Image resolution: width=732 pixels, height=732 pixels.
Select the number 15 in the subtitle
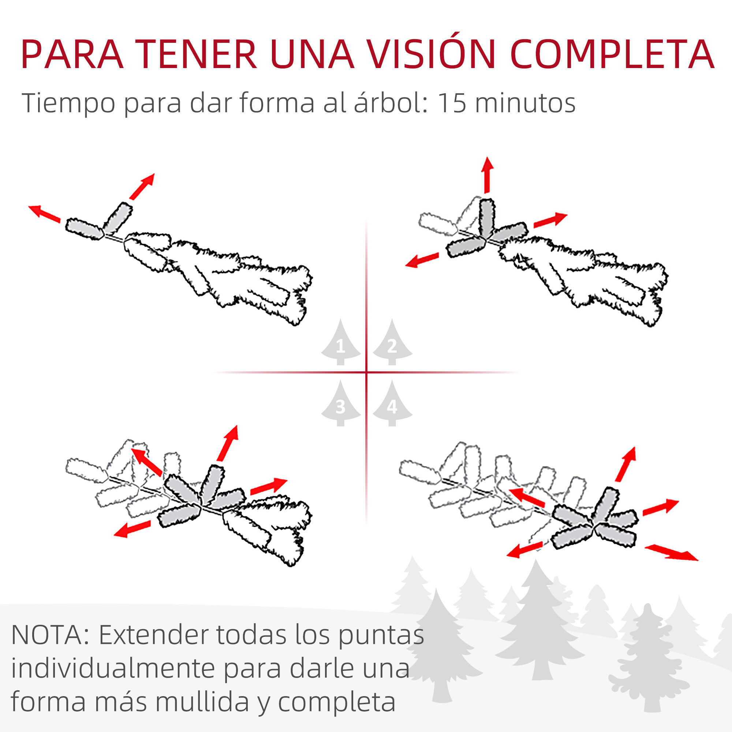451,103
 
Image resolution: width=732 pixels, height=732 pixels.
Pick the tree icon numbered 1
340,343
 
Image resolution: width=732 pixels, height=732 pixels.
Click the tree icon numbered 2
392,343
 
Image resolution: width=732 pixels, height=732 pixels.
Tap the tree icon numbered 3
340,404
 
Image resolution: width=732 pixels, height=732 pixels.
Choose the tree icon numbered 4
392,404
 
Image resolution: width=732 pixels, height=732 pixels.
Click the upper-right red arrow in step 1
142,186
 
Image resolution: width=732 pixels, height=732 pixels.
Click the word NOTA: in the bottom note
50,635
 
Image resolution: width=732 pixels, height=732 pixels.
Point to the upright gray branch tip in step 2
486,217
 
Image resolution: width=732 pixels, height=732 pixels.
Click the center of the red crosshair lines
366,373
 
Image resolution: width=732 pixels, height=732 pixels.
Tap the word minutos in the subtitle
525,103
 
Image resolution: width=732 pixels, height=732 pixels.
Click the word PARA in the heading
72,55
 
